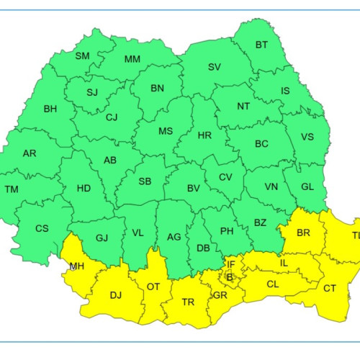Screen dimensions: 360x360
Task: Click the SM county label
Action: coord(82,55)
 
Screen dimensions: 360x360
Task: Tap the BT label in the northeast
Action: coord(261,45)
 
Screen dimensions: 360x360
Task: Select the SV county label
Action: coord(215,67)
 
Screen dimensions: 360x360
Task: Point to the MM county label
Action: coord(132,59)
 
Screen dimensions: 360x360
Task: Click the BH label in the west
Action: coord(50,109)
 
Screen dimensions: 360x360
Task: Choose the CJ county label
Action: coord(112,117)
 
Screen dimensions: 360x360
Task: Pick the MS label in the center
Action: coord(166,131)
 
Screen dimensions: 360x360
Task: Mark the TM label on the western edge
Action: coord(12,189)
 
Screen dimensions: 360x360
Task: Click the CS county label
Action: coord(42,229)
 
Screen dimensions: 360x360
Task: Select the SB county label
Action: coord(145,181)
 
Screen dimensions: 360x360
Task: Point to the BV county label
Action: coord(193,188)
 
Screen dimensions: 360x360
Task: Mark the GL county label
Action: coord(307,186)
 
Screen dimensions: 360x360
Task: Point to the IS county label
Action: coord(286,91)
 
